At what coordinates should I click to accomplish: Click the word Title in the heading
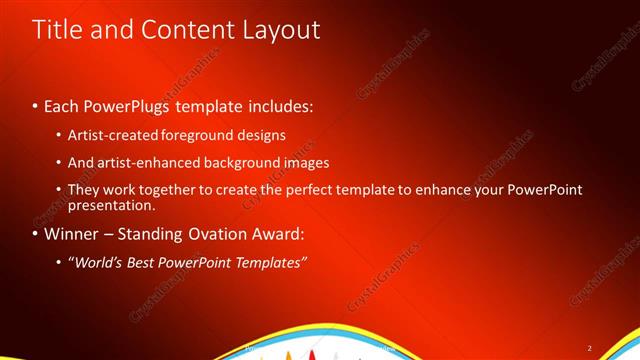[x=55, y=31]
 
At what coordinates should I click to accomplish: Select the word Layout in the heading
[x=276, y=31]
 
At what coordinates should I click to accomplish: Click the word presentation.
[x=111, y=205]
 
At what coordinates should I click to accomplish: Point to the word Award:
[x=279, y=235]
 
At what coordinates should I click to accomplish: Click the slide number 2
[x=589, y=348]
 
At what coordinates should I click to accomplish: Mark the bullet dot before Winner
[x=37, y=236]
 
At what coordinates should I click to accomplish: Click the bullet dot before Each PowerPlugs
[x=37, y=106]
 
